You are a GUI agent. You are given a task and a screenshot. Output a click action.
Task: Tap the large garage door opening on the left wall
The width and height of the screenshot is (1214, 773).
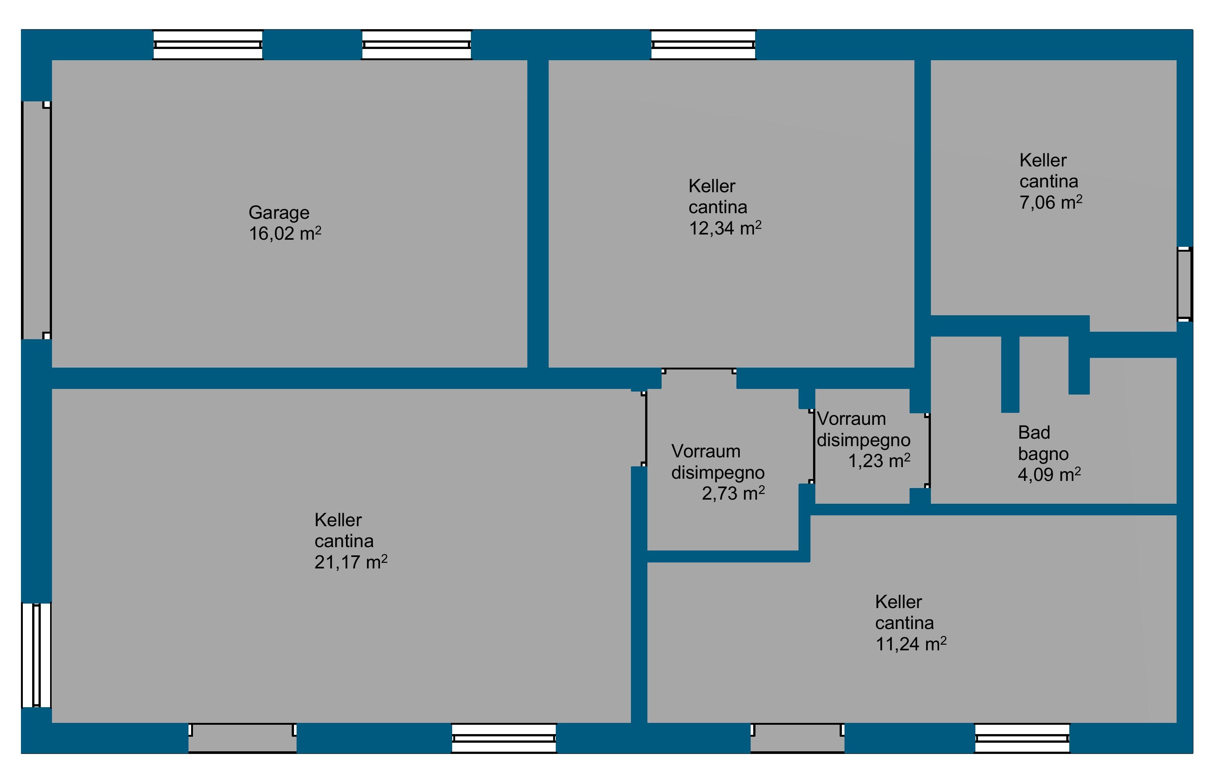point(36,220)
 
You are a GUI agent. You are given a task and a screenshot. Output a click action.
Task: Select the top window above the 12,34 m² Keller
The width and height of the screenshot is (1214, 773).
point(703,45)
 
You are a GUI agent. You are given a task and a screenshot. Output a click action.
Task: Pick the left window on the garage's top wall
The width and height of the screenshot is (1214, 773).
point(208,45)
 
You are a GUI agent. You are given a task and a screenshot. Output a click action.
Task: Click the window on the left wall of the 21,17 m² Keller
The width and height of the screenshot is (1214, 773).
point(36,655)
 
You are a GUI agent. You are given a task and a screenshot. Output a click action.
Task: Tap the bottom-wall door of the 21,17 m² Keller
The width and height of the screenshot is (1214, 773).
point(242,738)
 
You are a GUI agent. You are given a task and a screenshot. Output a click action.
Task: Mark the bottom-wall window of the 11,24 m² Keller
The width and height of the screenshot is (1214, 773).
point(1022,738)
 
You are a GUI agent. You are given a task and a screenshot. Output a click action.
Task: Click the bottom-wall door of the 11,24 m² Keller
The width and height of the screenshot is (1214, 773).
point(798,738)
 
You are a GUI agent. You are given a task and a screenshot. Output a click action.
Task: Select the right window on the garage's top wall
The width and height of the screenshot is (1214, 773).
point(416,45)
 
